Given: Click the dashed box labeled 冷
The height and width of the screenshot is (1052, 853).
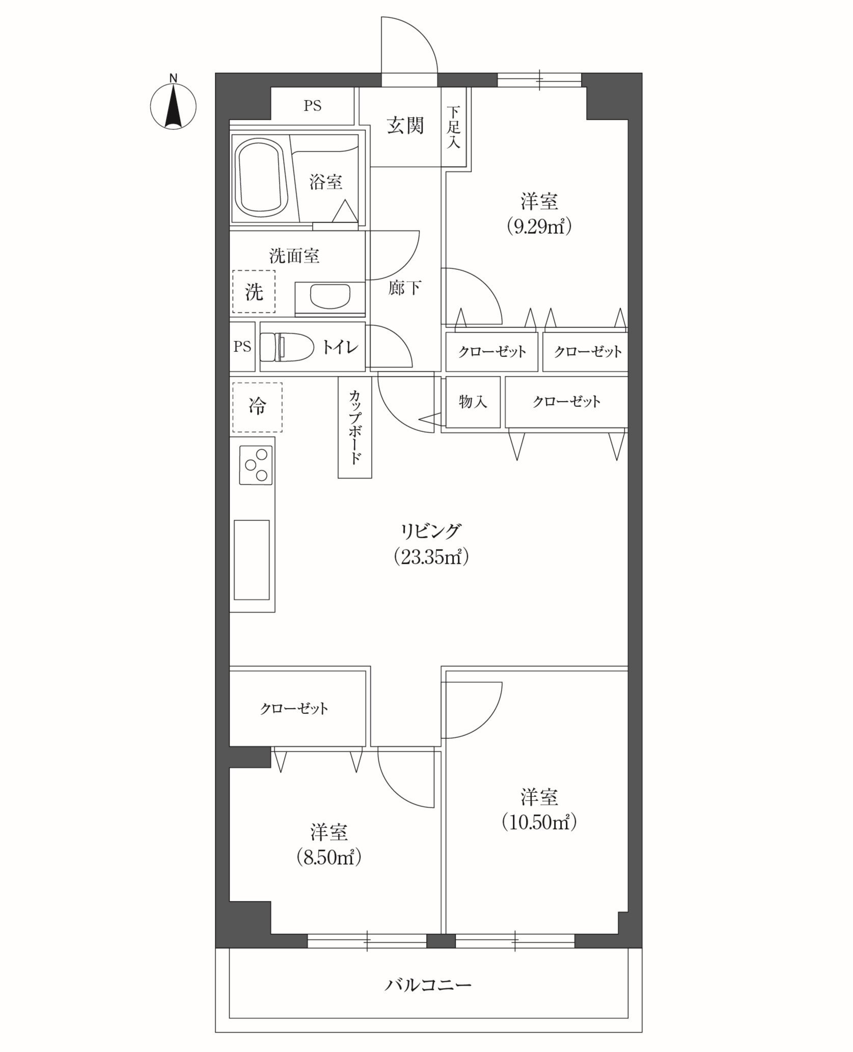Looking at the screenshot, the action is [x=257, y=407].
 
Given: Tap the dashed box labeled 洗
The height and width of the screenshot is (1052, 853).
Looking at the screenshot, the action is [x=254, y=291].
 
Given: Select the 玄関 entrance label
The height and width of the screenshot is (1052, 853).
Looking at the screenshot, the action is [x=405, y=125].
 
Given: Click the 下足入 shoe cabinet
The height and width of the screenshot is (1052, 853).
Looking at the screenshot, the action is [x=453, y=127].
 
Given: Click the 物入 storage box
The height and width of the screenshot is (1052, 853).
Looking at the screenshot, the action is [x=473, y=402].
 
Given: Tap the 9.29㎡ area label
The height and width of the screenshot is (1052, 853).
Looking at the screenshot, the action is [x=539, y=226].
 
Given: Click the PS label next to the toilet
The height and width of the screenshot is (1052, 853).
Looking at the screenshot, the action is [x=242, y=347].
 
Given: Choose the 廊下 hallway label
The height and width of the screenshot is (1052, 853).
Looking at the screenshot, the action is [x=404, y=288].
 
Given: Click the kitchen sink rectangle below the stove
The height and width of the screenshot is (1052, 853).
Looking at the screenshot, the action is [x=252, y=560].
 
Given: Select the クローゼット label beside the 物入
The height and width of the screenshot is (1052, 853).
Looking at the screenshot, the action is [x=566, y=402].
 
